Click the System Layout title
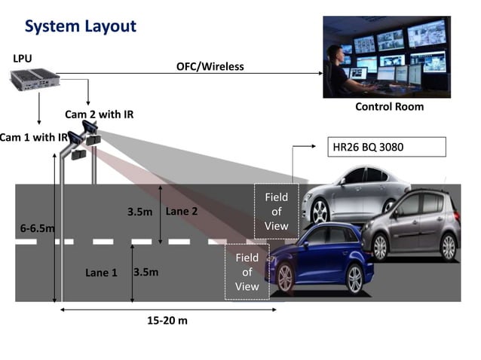[81, 26]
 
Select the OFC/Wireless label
[210, 66]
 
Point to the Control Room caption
[389, 107]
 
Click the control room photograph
[387, 57]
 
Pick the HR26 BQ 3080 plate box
[388, 146]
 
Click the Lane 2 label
[182, 212]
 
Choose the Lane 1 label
[101, 273]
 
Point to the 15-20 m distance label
[167, 321]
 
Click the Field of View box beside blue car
[247, 272]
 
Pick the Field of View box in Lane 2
[276, 211]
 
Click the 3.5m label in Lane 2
[140, 212]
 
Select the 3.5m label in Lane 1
[146, 272]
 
